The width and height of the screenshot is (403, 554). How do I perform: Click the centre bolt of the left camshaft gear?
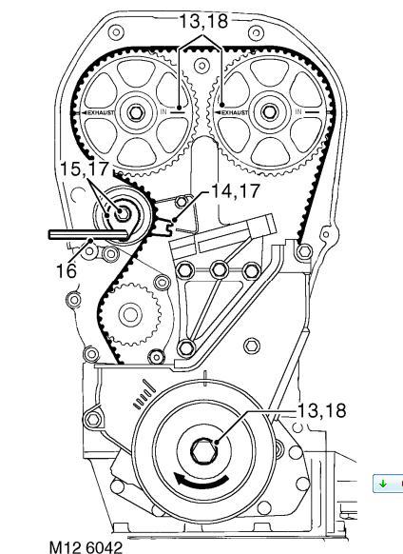pyautogui.click(x=136, y=112)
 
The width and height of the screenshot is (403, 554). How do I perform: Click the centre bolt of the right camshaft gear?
pyautogui.click(x=270, y=112)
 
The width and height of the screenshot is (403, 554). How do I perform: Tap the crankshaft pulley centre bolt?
pyautogui.click(x=202, y=450)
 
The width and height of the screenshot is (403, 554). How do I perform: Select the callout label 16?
pyautogui.click(x=66, y=271)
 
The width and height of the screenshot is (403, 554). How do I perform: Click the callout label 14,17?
pyautogui.click(x=235, y=190)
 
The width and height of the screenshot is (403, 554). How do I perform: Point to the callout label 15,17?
pyautogui.click(x=85, y=168)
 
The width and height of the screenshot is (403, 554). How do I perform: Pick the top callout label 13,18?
pyautogui.click(x=204, y=21)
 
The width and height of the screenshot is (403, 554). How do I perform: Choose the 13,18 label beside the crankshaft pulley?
pyautogui.click(x=322, y=410)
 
